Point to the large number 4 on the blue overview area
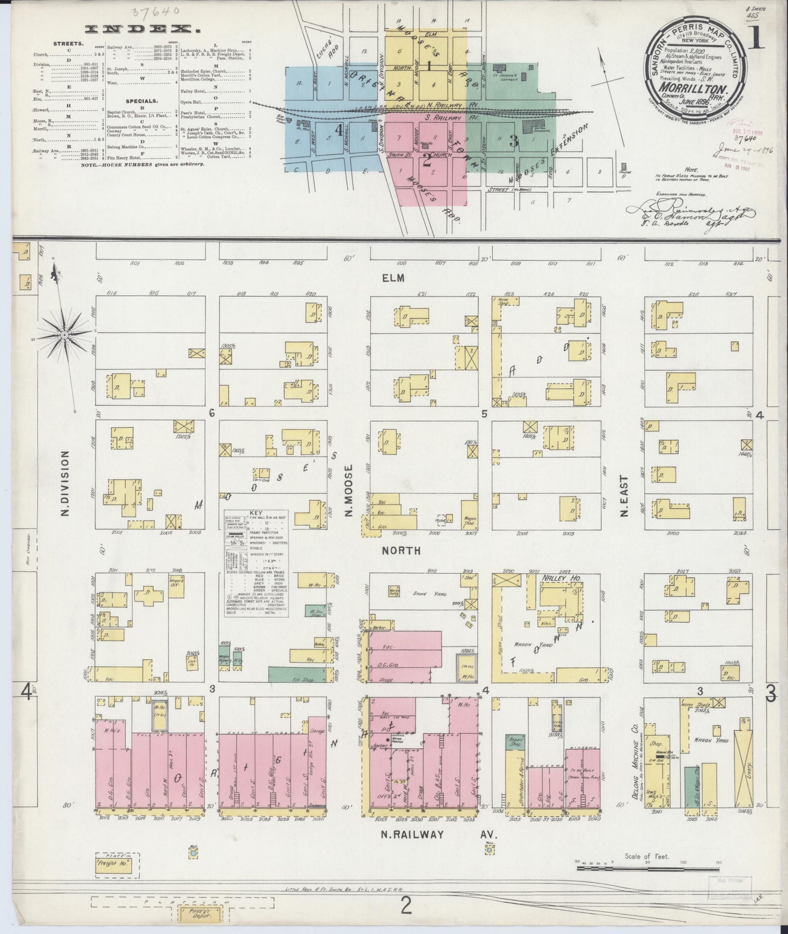pyautogui.click(x=339, y=130)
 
